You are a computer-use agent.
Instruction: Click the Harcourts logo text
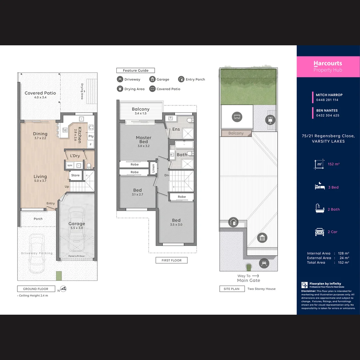tap(328, 63)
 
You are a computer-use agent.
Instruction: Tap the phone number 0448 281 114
tap(327, 100)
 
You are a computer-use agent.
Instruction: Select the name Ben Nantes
tap(327, 110)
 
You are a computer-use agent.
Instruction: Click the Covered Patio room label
tap(40, 93)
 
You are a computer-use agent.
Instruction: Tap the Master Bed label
tap(143, 140)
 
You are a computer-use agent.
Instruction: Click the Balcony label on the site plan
tap(236, 133)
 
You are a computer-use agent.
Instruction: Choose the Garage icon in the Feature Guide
tap(152, 79)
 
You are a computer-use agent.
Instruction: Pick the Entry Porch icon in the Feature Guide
tap(181, 79)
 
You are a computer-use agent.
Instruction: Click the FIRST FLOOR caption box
tap(171, 260)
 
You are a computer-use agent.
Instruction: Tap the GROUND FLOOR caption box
tap(36, 289)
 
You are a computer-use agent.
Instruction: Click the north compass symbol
tap(63, 289)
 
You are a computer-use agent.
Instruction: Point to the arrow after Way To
tap(256, 276)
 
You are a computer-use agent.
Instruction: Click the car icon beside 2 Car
tap(319, 232)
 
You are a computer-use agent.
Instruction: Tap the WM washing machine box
tap(70, 165)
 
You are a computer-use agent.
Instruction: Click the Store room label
tap(75, 175)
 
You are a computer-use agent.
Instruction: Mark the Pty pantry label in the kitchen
tap(91, 136)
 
